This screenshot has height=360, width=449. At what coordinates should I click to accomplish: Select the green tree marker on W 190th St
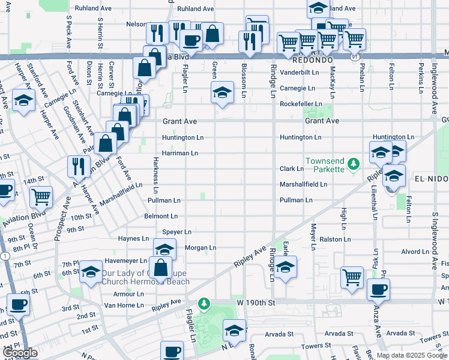[x=205, y=304]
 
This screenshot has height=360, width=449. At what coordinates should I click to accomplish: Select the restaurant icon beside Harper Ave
[x=79, y=166]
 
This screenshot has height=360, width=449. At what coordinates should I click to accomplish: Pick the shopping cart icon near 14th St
[x=41, y=196]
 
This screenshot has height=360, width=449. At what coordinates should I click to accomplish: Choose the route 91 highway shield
[x=355, y=56]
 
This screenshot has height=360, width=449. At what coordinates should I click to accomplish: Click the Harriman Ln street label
[x=180, y=153]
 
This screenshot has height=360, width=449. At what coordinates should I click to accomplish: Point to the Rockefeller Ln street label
[x=301, y=104]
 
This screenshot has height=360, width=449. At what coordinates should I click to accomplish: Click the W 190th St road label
[x=256, y=303]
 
